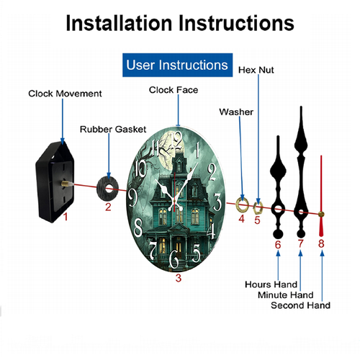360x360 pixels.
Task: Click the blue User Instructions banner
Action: pos(177,65)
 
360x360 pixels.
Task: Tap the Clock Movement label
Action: pos(65,94)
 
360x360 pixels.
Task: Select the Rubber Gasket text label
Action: pos(113,130)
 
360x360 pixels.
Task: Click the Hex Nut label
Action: pos(256,70)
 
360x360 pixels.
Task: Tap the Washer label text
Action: pos(236,112)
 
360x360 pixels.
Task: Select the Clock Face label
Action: pos(174,90)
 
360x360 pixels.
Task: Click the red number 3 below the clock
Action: pos(179,278)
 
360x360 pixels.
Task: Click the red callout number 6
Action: pos(278,245)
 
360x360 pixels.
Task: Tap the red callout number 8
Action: pos(321,243)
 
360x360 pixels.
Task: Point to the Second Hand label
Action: pos(300,305)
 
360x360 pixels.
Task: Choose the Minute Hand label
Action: pos(286,295)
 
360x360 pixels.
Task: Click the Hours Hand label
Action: pos(271,284)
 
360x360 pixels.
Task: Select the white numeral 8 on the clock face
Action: pos(138,227)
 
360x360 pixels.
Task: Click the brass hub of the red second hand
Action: pos(321,214)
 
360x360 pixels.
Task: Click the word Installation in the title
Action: pos(119,23)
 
